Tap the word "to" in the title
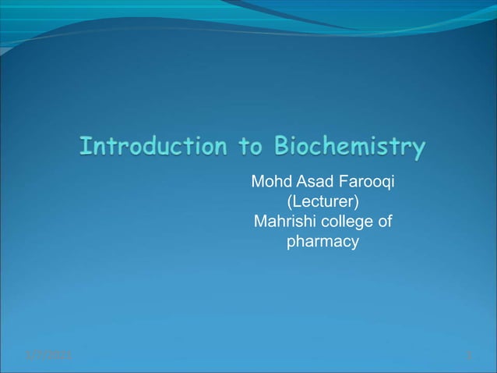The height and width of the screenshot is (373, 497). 245,146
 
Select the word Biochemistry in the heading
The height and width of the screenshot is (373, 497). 350,147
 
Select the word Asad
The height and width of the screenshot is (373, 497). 312,182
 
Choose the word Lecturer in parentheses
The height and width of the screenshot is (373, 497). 323,202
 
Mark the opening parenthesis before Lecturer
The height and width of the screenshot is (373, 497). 291,202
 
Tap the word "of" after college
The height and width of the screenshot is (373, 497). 384,222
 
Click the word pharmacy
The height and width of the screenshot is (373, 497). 323,242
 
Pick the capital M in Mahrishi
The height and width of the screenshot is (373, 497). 260,222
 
